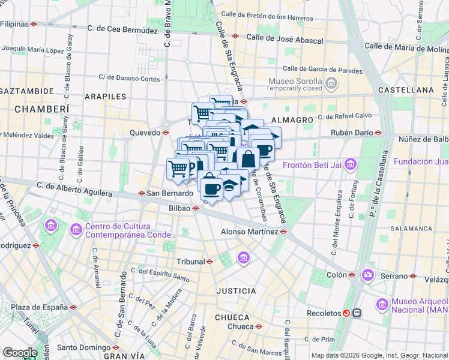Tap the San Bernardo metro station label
pyautogui.click(x=169, y=193)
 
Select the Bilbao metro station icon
pyautogui.click(x=195, y=208)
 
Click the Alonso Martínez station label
pyautogui.click(x=249, y=231)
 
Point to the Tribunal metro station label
pyautogui.click(x=190, y=262)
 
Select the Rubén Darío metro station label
pyautogui.click(x=351, y=133)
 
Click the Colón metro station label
pyautogui.click(x=336, y=275)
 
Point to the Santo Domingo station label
pyautogui.click(x=83, y=347)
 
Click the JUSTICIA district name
pyautogui.click(x=236, y=291)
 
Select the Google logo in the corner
pyautogui.click(x=20, y=353)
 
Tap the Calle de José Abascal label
pyautogui.click(x=285, y=41)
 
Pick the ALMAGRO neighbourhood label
pyautogui.click(x=292, y=120)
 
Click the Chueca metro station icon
pyautogui.click(x=258, y=327)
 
